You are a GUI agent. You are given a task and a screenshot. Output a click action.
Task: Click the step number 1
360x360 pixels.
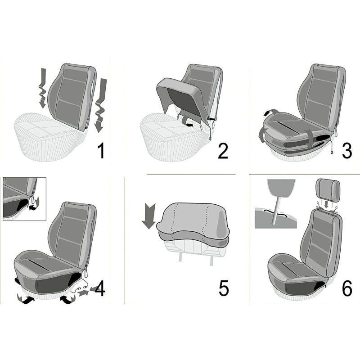[101, 150]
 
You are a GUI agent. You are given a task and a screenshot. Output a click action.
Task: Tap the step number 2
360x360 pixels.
[223, 151]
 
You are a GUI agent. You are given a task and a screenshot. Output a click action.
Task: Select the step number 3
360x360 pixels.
[347, 151]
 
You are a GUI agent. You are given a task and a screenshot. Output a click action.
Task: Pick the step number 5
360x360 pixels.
[224, 288]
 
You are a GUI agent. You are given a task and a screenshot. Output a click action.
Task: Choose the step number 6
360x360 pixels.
[347, 288]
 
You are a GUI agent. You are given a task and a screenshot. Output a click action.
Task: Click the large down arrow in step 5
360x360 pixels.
[149, 216]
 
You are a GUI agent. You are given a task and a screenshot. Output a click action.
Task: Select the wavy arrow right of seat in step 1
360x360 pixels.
[100, 105]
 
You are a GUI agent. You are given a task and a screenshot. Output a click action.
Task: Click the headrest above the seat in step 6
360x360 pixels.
[328, 190]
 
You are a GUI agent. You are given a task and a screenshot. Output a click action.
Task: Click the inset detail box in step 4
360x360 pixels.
[25, 199]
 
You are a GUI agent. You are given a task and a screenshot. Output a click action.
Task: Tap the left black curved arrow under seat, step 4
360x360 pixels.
[26, 299]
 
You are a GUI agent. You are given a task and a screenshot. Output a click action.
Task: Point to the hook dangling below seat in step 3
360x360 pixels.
[332, 152]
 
